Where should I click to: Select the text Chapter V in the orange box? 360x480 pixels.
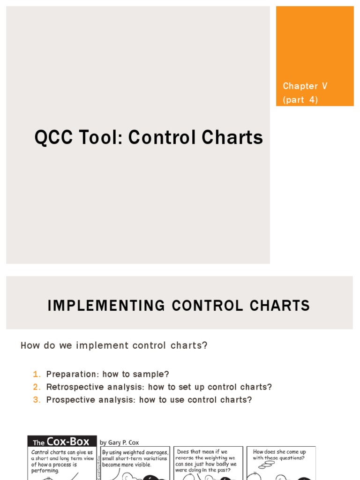[x=305, y=86]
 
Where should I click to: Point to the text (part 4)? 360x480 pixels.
[x=300, y=100]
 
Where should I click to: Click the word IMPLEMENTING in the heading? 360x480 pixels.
[x=106, y=306]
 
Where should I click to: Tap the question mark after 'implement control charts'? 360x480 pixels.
[x=204, y=346]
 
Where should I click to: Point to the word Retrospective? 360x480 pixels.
[x=74, y=387]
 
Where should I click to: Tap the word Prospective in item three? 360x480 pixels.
[x=71, y=400]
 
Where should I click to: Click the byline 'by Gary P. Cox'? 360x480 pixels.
[x=120, y=442]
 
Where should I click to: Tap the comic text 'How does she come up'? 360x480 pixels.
[x=279, y=452]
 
